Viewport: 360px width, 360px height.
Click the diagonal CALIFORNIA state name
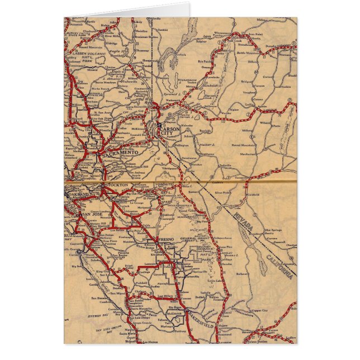(278, 265)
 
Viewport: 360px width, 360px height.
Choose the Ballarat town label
(242, 274)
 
